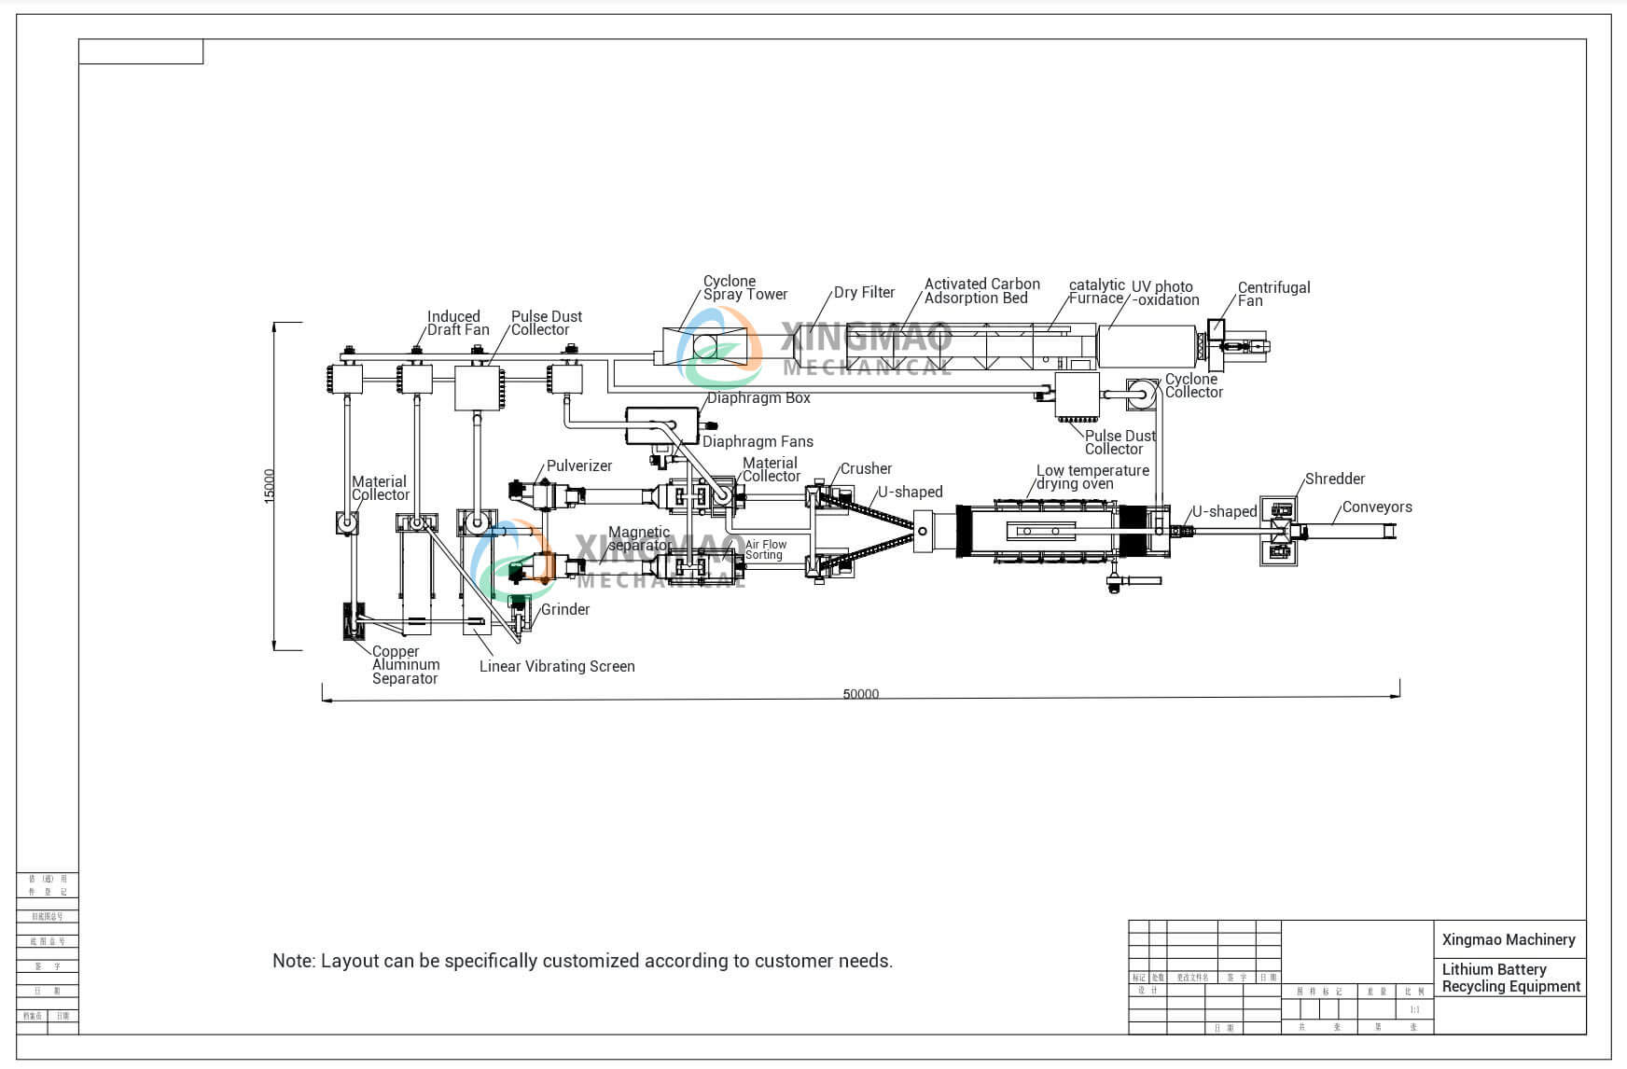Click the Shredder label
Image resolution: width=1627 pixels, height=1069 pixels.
[1334, 479]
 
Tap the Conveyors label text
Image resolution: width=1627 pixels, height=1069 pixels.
[1376, 507]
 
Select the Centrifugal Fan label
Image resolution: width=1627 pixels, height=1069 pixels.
[1273, 294]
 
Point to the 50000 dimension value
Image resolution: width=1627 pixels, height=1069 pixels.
[860, 694]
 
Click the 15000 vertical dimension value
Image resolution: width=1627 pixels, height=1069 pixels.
[270, 486]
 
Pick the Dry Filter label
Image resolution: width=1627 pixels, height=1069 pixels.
[864, 293]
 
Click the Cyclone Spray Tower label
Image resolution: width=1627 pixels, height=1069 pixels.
[744, 287]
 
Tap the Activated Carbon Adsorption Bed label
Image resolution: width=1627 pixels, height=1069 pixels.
[981, 291]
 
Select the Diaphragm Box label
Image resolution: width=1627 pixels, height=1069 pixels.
[758, 398]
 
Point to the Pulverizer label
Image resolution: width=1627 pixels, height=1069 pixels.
[579, 466]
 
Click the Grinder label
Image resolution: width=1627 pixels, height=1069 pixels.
[565, 610]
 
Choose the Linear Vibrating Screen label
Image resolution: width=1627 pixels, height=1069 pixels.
[557, 667]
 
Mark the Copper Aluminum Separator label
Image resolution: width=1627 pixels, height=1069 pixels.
[405, 665]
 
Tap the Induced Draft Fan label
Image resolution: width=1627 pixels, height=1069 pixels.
[457, 323]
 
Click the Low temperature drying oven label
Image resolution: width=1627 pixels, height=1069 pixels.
[1092, 477]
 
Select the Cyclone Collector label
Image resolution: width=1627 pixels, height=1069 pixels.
[1193, 385]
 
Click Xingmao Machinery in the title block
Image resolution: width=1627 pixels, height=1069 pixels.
[1508, 940]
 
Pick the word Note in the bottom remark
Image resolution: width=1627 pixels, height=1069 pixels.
[291, 961]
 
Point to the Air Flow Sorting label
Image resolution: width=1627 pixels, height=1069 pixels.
[765, 549]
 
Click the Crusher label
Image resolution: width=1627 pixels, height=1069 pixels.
[866, 469]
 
